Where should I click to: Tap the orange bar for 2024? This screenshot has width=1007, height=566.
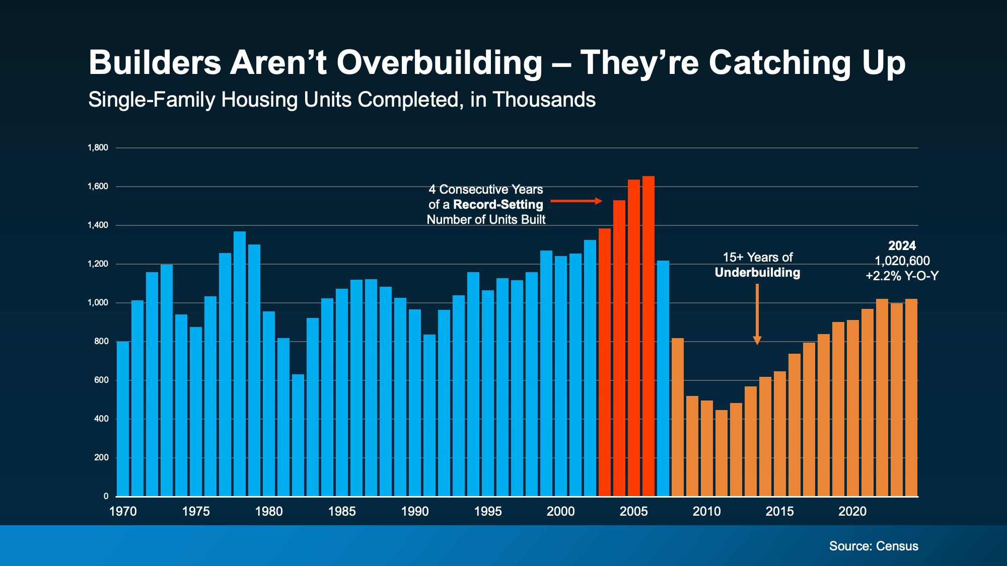click(x=911, y=397)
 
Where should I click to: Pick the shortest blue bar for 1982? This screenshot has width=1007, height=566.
click(x=298, y=435)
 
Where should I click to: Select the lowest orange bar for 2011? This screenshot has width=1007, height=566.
click(x=722, y=453)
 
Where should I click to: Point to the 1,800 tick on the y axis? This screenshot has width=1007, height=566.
click(x=98, y=147)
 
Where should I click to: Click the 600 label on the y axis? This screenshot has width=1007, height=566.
click(x=101, y=380)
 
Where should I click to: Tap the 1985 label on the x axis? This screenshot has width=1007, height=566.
click(x=342, y=512)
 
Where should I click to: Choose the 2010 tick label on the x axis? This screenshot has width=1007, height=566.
click(x=706, y=512)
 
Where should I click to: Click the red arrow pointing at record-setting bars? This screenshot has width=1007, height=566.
click(x=576, y=201)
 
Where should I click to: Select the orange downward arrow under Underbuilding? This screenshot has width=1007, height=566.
click(x=757, y=314)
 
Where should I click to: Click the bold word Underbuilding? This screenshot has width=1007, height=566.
click(x=757, y=273)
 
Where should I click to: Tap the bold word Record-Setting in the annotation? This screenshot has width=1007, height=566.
click(x=498, y=205)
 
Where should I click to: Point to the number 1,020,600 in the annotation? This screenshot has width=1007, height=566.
click(x=902, y=261)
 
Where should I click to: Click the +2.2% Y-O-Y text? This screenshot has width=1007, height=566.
click(x=902, y=276)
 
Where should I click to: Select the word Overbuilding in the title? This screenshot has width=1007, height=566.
click(x=439, y=63)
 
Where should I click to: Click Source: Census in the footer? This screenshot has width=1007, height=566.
click(x=874, y=546)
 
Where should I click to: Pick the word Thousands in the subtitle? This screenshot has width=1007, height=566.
click(x=544, y=100)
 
